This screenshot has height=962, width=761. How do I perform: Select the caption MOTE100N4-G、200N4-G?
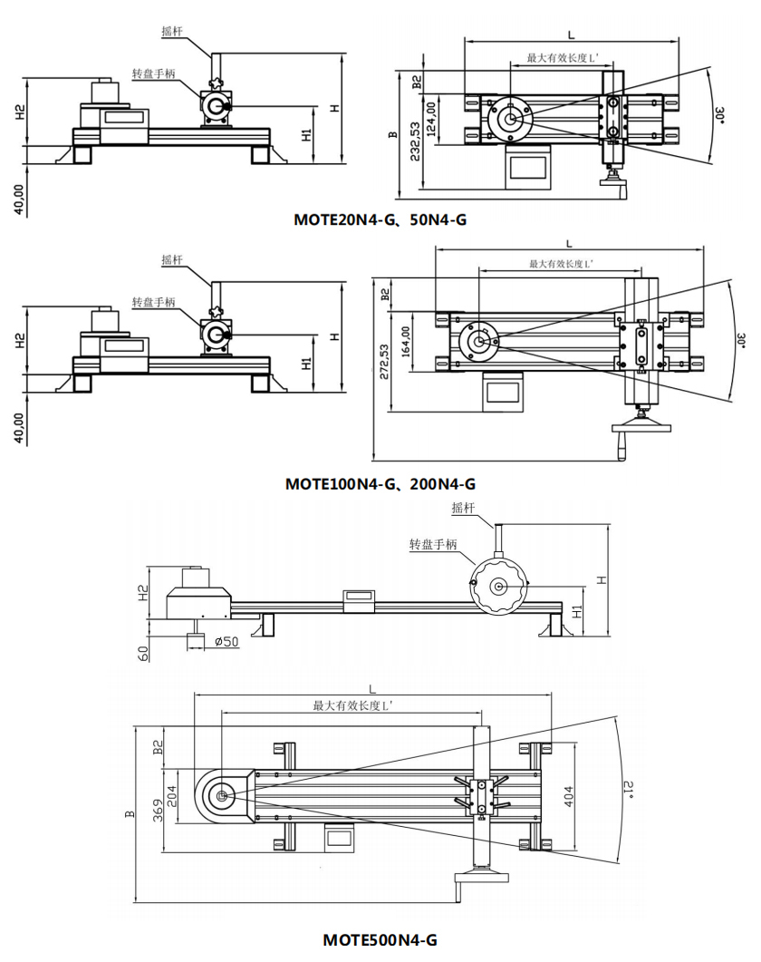[380, 483]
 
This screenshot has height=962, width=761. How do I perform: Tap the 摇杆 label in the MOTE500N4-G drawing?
[463, 508]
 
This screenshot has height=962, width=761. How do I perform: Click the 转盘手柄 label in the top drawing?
[150, 73]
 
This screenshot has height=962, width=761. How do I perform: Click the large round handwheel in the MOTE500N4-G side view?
[497, 587]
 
